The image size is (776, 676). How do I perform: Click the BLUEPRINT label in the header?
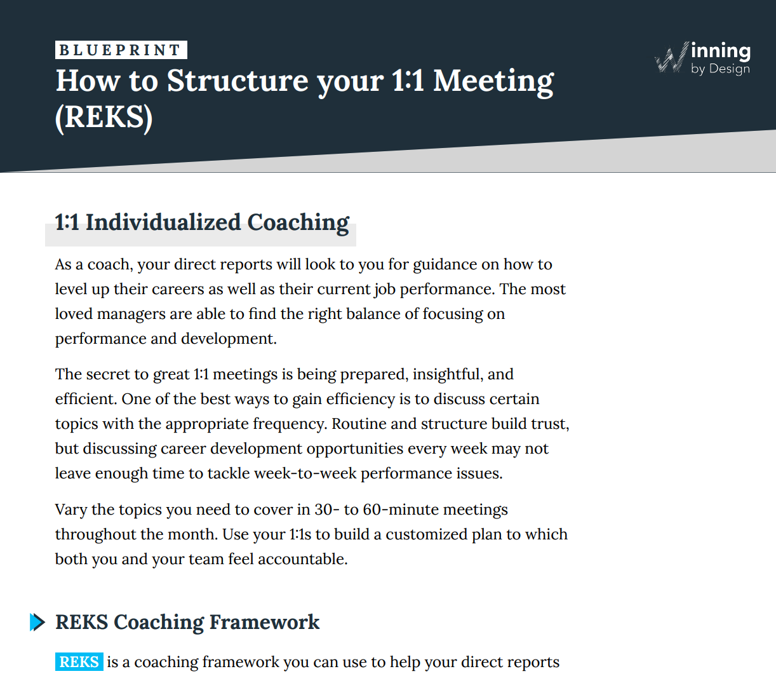121,50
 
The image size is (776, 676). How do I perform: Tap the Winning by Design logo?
702,58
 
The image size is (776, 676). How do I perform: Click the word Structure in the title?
237,81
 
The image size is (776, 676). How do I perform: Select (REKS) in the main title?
104,118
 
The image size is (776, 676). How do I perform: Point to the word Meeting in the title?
493,82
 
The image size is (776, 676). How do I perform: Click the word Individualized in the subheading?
163,222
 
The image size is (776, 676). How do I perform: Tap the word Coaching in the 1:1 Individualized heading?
298,222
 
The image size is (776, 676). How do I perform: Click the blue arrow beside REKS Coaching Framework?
37,622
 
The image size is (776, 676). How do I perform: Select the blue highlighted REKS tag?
79,662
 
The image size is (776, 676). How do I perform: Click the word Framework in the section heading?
264,622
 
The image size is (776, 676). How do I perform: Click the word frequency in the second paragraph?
290,424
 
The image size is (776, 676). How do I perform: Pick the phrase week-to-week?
305,473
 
